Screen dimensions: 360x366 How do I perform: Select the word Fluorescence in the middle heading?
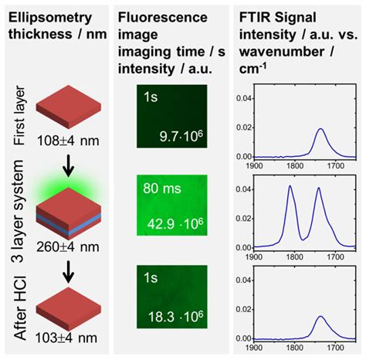[159, 16]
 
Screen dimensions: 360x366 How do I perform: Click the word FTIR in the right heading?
[262, 16]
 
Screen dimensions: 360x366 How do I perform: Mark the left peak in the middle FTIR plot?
[290, 188]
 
